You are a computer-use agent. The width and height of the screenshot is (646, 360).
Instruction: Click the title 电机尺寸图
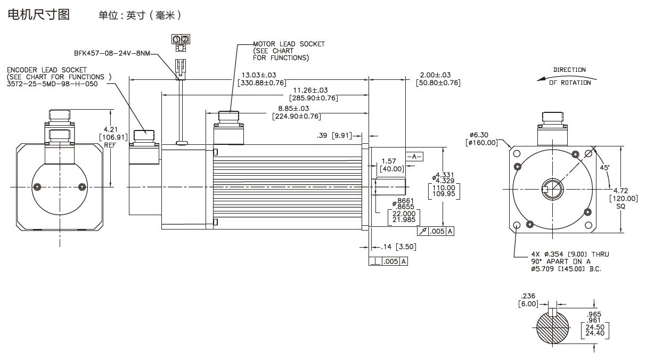pyautogui.click(x=38, y=14)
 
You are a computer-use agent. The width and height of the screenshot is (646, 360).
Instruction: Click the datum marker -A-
pyautogui.click(x=414, y=157)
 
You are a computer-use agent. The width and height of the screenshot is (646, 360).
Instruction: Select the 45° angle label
pyautogui.click(x=604, y=168)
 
